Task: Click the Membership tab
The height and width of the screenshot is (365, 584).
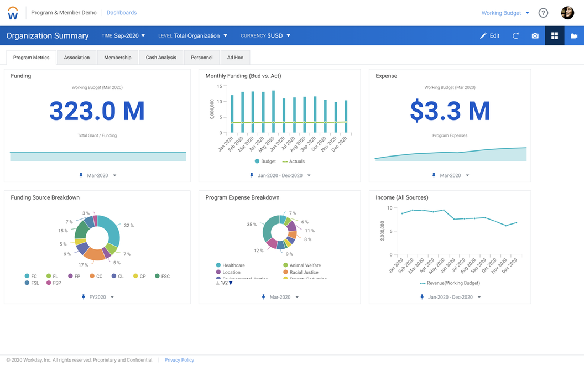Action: point(117,58)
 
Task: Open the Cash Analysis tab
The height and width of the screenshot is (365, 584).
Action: point(161,58)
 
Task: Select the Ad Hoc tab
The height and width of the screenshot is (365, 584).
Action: point(234,58)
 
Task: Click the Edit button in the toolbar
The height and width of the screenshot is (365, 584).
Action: point(489,36)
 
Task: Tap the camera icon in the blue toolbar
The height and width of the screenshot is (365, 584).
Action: point(535,36)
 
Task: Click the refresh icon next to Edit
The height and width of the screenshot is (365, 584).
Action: point(515,36)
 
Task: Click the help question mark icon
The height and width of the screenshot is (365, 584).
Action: point(543,13)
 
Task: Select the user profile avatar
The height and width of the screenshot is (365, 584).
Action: point(567,13)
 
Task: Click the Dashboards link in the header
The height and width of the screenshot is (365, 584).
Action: point(121,13)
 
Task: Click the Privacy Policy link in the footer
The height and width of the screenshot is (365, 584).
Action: point(179,360)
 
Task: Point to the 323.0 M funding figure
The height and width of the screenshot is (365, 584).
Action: point(97,111)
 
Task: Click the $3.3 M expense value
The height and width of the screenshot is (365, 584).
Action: point(450,111)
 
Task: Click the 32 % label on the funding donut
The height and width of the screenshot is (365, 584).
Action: point(129,226)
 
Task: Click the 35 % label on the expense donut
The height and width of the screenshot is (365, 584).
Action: point(252,225)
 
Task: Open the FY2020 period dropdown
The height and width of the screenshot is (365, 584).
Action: point(98,297)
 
